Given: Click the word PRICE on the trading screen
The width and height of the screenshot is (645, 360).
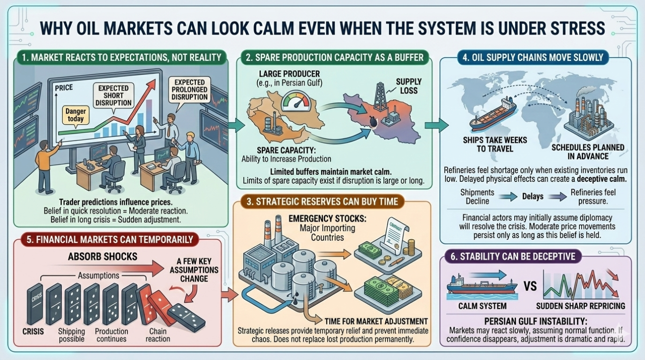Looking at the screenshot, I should click(64, 88).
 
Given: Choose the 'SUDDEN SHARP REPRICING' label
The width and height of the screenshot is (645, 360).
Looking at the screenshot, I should click(580, 306).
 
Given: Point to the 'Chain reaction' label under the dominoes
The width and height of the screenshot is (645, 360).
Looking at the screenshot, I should click(158, 334).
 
